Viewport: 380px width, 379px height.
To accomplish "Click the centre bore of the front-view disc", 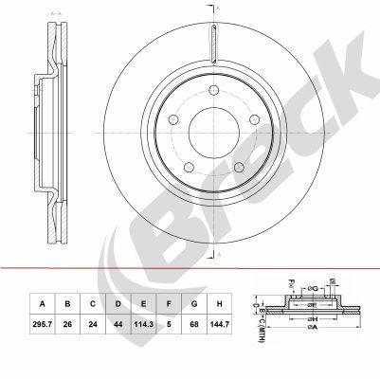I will [207, 133].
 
